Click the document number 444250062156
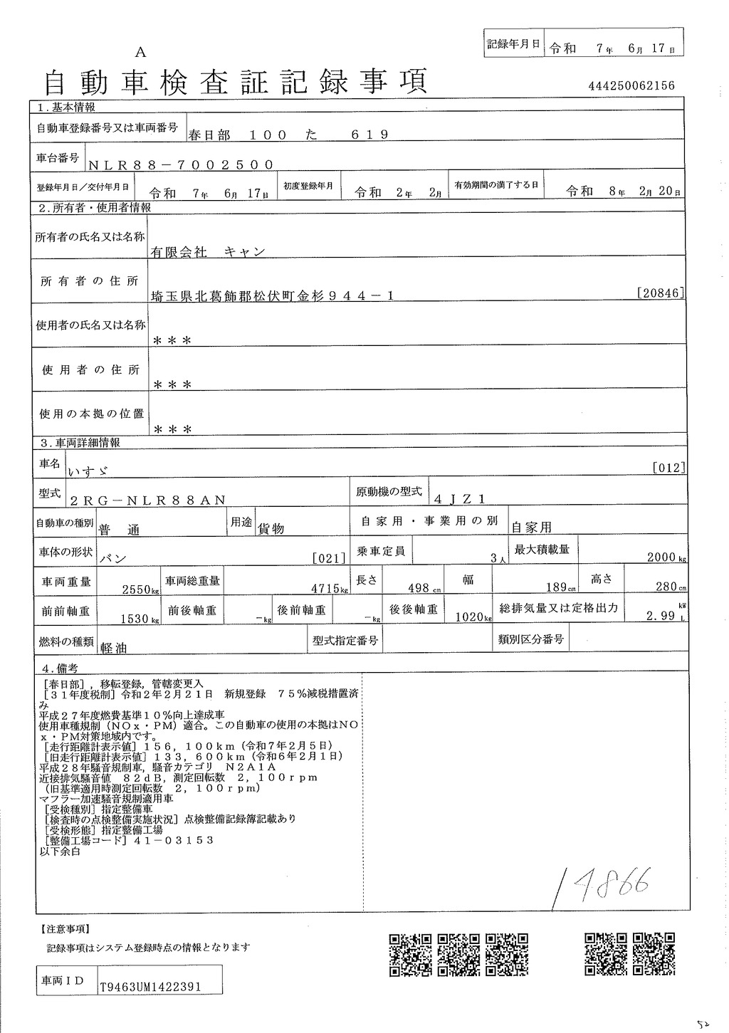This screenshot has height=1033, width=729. click(631, 86)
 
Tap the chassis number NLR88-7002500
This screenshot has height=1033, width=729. click(181, 164)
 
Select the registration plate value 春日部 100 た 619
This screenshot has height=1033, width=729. click(289, 134)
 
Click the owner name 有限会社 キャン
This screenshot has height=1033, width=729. click(207, 252)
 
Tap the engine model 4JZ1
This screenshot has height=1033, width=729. click(462, 499)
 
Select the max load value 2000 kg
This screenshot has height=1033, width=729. click(664, 557)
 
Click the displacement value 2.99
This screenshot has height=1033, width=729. click(660, 617)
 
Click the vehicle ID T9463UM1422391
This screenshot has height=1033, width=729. click(150, 987)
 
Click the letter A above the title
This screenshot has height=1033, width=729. click(140, 52)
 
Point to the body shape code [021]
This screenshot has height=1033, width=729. click(329, 559)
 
